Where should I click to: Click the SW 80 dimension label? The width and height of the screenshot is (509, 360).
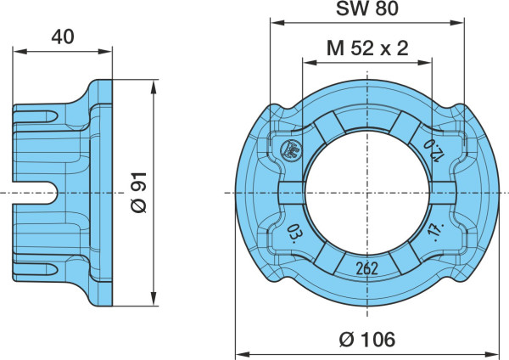[366, 8]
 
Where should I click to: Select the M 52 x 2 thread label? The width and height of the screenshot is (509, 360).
[367, 48]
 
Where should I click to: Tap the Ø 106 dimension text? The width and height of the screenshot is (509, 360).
[367, 340]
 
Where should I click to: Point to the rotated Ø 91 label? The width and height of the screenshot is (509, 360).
[140, 193]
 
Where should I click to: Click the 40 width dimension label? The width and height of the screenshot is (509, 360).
[63, 37]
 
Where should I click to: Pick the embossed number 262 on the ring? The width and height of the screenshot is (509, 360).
[367, 268]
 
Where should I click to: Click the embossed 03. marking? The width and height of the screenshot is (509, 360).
[293, 233]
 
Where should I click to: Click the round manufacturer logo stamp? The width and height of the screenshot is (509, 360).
[291, 150]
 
